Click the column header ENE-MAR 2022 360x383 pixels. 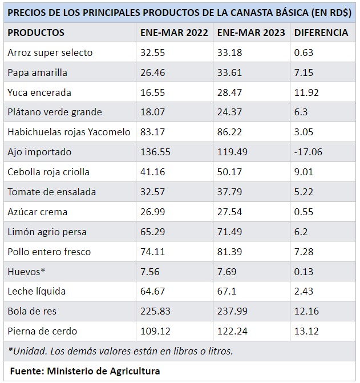click(x=174, y=33)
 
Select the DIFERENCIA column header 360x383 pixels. click(x=321, y=33)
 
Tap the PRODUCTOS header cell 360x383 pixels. click(x=36, y=33)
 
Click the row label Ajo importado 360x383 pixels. click(x=39, y=152)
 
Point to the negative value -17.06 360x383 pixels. click(x=308, y=152)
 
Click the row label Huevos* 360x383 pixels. click(x=26, y=271)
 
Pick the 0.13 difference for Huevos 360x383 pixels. click(x=304, y=271)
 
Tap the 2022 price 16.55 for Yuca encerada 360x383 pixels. click(x=152, y=92)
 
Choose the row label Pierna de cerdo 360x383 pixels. click(x=42, y=331)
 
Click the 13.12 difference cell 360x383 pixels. click(x=306, y=331)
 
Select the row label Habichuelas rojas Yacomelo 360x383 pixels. click(x=69, y=132)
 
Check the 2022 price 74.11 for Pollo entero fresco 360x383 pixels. click(x=152, y=252)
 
